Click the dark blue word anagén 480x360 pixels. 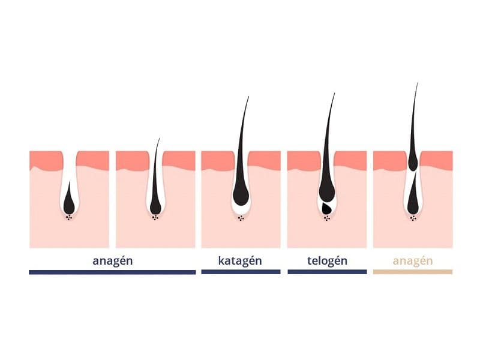click(x=113, y=261)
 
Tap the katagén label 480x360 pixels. click(x=240, y=260)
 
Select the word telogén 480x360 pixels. click(x=327, y=260)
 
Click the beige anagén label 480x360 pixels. click(x=413, y=261)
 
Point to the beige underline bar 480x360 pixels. click(x=413, y=272)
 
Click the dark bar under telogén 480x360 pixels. click(x=327, y=272)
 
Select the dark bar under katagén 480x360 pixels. click(x=241, y=272)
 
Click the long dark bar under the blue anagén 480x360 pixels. click(x=112, y=272)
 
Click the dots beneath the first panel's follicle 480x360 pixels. click(x=69, y=217)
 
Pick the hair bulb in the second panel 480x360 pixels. click(x=155, y=207)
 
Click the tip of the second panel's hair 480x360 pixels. click(x=160, y=139)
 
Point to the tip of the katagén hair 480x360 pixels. click(x=248, y=97)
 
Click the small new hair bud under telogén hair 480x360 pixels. click(x=327, y=208)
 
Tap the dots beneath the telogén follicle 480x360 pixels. click(x=327, y=218)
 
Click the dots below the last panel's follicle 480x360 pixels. click(x=413, y=218)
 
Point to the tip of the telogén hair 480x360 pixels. click(x=334, y=94)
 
